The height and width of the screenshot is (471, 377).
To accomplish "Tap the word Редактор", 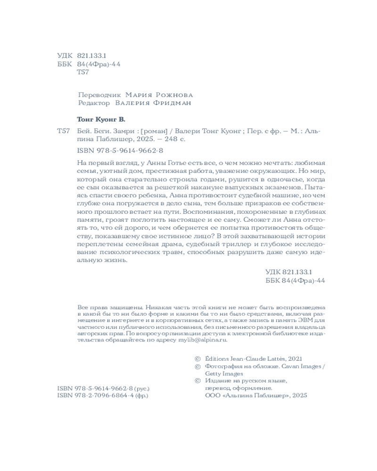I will [x=93, y=103].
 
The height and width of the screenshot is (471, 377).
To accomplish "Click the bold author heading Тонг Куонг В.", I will [x=101, y=119].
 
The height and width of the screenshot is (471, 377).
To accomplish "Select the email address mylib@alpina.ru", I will [x=208, y=339].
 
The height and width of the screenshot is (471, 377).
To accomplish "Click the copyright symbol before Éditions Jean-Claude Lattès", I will [x=197, y=358].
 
